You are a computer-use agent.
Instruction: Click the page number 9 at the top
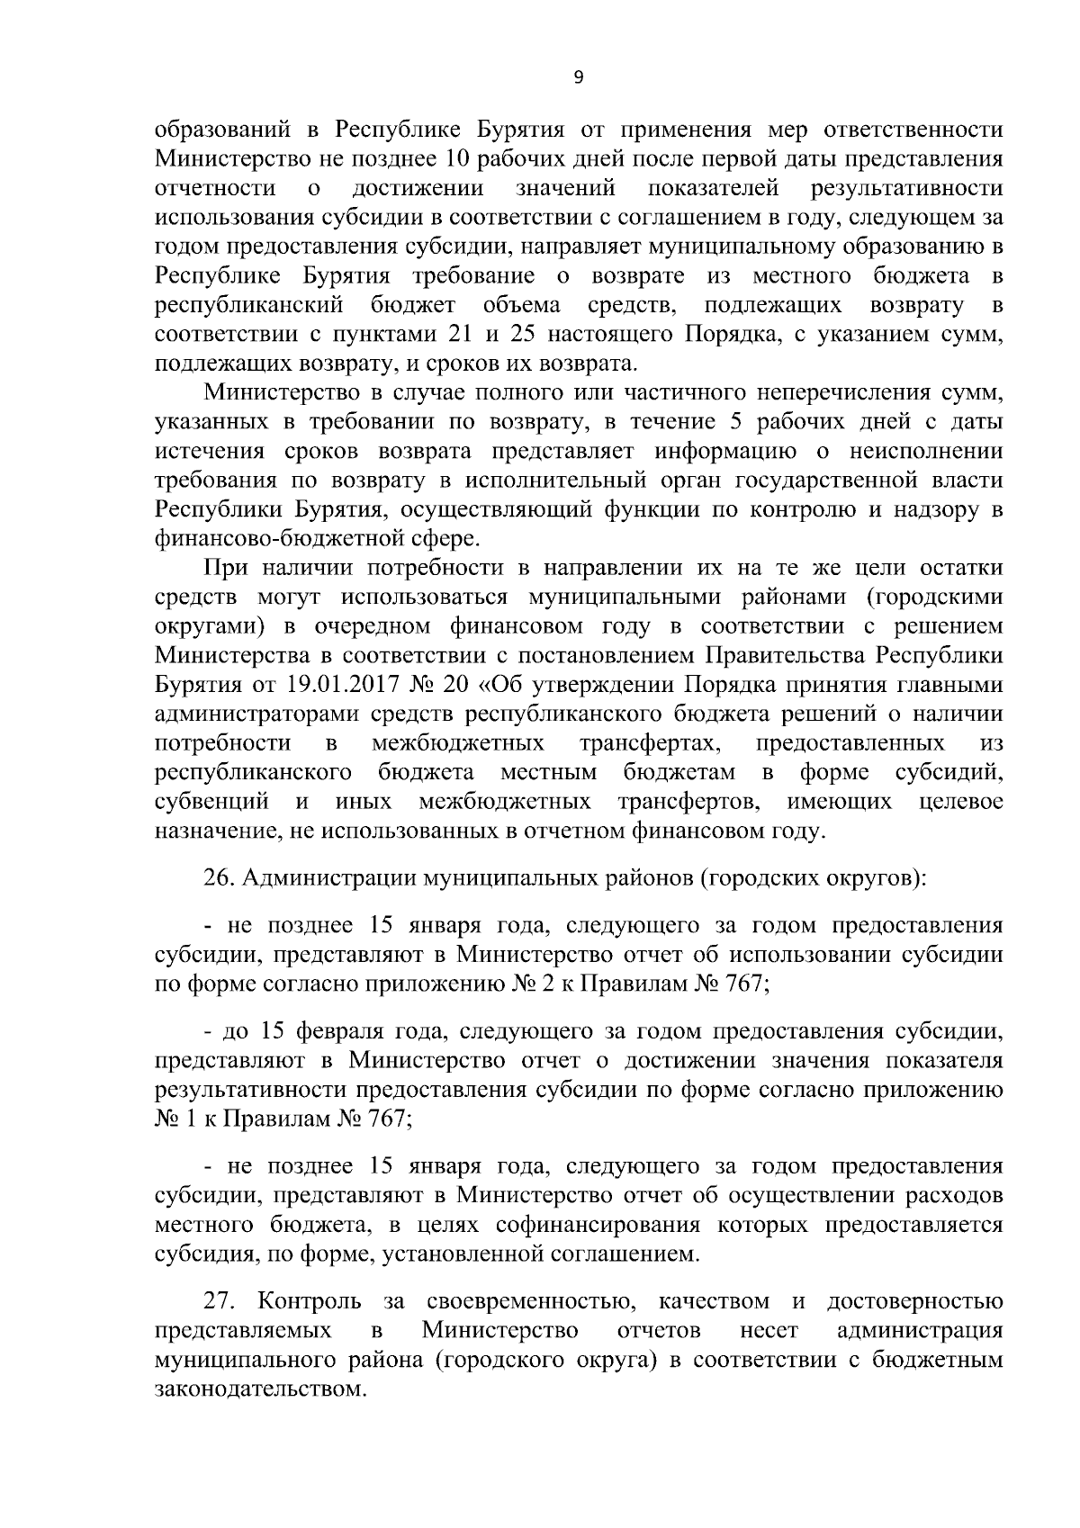pyautogui.click(x=579, y=78)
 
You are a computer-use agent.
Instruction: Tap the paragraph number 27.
pyautogui.click(x=220, y=1302)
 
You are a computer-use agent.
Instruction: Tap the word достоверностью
pyautogui.click(x=914, y=1302)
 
